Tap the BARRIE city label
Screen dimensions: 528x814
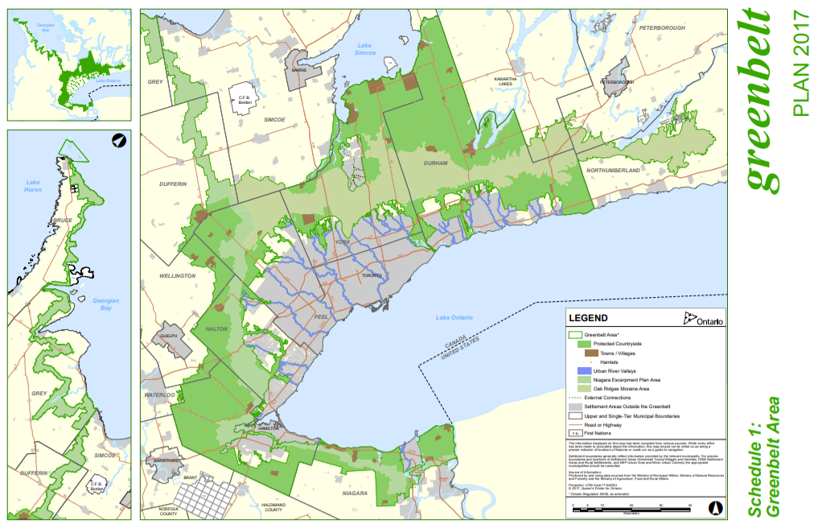pos(299,70)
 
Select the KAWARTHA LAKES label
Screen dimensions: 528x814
pos(504,80)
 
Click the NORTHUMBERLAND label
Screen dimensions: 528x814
pos(613,171)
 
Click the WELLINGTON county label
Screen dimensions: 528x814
pos(178,275)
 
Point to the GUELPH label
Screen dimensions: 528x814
pos(167,336)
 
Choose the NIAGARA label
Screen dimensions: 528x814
pos(355,493)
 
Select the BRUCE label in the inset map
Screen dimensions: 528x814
pos(62,220)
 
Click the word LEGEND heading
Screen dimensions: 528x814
pos(588,318)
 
